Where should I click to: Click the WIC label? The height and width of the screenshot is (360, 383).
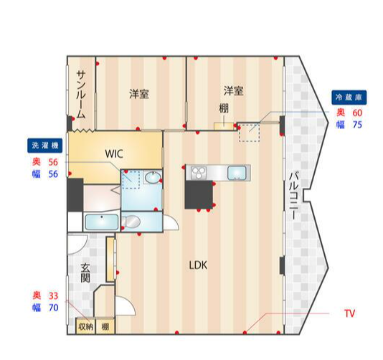click(x=114, y=154)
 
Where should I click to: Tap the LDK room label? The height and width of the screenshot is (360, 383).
click(x=198, y=265)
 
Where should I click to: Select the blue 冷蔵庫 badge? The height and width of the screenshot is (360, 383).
click(x=349, y=98)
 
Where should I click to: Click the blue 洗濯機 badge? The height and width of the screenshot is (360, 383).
click(x=45, y=146)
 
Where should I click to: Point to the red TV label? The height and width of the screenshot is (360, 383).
click(x=349, y=313)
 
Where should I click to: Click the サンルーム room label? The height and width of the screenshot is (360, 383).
click(x=81, y=95)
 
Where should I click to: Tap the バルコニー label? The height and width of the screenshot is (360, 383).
click(x=293, y=196)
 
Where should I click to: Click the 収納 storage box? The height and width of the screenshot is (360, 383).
click(x=85, y=326)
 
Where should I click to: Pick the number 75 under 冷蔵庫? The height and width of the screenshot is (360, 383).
click(x=357, y=125)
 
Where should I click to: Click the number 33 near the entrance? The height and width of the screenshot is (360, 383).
click(x=53, y=295)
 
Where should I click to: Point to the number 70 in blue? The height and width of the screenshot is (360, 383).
click(x=54, y=308)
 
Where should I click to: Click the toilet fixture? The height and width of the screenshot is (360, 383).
click(x=131, y=222)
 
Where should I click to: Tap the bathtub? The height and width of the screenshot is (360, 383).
click(x=102, y=222)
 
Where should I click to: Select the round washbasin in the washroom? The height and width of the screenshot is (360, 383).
click(x=153, y=177)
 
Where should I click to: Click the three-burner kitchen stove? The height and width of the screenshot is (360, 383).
click(x=198, y=172)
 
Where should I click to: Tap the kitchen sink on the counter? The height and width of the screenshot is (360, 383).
click(x=237, y=173)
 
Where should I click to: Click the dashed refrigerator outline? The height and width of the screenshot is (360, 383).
click(x=249, y=133)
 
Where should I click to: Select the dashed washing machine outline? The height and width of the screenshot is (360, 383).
click(x=131, y=180)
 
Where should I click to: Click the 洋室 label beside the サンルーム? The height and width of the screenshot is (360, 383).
click(x=139, y=94)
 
